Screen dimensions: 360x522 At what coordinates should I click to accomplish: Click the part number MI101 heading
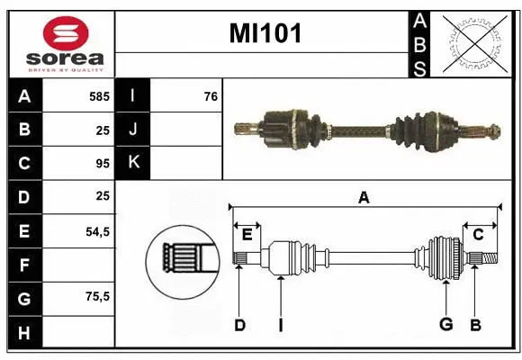coord(265,34)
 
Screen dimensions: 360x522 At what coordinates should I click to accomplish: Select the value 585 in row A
coord(98,95)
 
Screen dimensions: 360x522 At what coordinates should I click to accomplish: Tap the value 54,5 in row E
coord(96,231)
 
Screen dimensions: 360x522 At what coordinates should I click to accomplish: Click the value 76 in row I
coord(210,95)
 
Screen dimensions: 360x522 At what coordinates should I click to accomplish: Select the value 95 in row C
coord(101,164)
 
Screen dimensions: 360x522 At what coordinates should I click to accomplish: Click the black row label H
coord(24,333)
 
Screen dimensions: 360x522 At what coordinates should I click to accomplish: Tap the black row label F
coord(24,265)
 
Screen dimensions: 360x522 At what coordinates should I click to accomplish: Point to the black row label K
coord(133,164)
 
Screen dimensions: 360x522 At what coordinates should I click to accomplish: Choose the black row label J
coord(133,130)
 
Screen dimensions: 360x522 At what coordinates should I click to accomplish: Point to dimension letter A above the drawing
coord(364,198)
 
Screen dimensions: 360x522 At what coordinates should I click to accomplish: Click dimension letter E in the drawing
coord(247,235)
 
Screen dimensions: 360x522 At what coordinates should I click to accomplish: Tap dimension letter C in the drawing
coord(478,235)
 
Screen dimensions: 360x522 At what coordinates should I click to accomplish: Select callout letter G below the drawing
coord(445,325)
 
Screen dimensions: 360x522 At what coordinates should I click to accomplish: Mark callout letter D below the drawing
coord(239,325)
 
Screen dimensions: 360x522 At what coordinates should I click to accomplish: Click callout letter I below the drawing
coord(280,325)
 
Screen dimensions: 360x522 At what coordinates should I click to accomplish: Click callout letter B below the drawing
coord(476,325)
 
